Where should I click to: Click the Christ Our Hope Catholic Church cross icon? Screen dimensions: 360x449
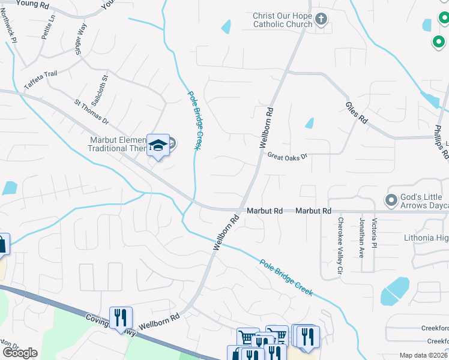321,19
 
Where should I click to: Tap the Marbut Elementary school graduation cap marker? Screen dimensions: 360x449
158,146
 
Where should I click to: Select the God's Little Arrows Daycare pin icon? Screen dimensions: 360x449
391,199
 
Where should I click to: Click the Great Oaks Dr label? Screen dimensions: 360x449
287,156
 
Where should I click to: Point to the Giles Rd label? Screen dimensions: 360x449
356,112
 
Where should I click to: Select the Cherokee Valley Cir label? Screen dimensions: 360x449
339,245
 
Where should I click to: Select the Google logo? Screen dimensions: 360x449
20,353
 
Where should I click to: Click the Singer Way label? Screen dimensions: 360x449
82,40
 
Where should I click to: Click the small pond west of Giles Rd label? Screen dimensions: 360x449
310,123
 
